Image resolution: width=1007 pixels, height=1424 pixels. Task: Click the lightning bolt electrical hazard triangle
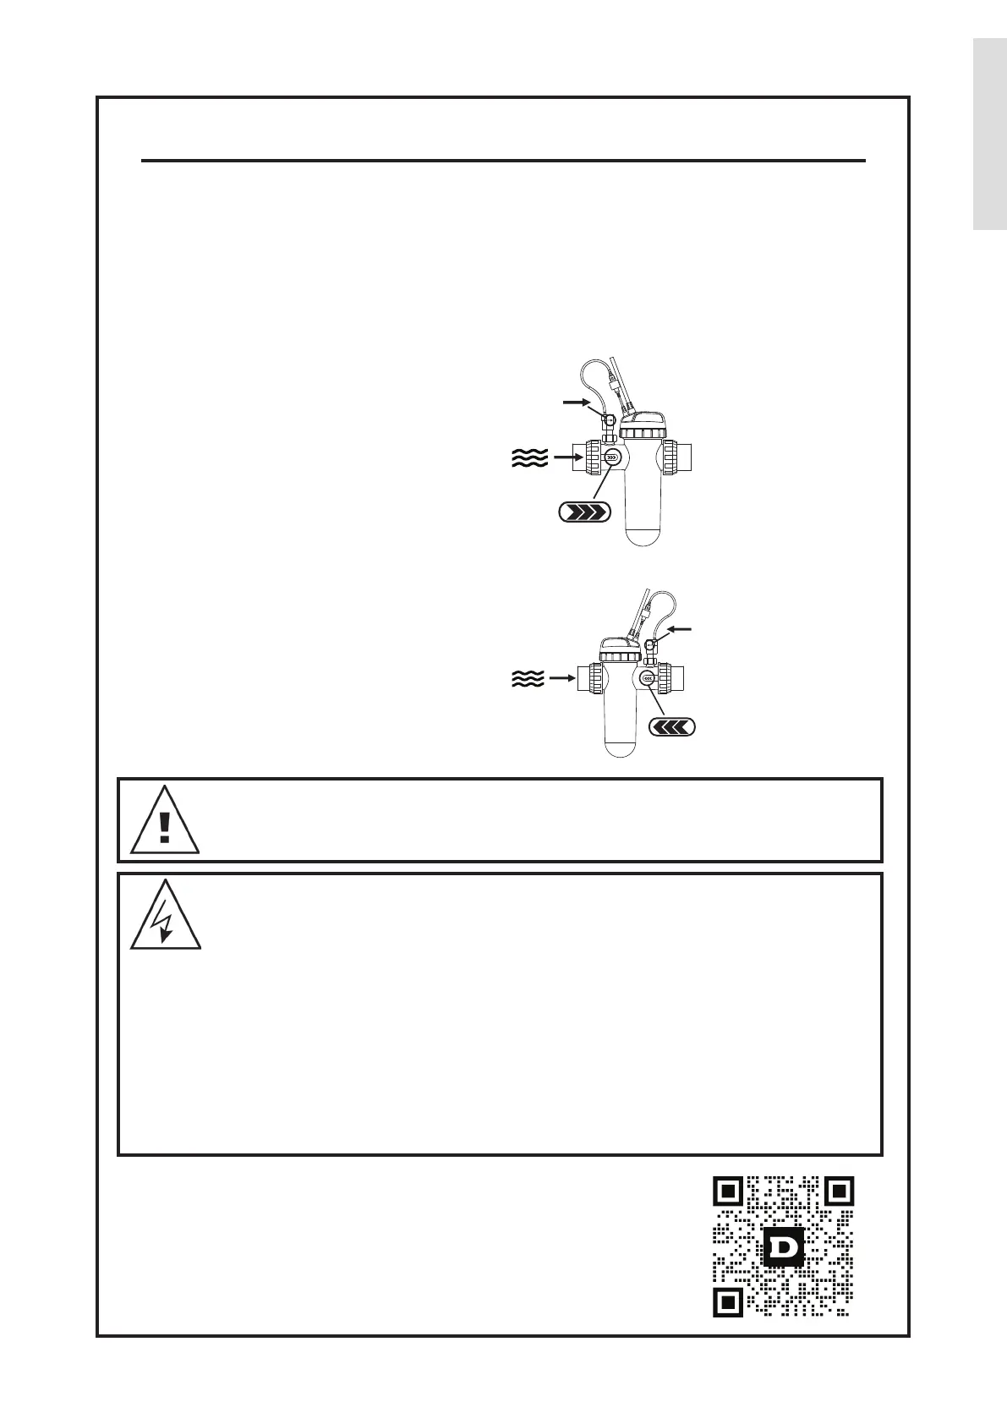[x=165, y=918]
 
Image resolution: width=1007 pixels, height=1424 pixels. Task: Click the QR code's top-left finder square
[x=729, y=1191]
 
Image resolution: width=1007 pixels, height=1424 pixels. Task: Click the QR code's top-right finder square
[x=838, y=1191]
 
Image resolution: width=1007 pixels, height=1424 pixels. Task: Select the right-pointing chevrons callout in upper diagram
[x=584, y=512]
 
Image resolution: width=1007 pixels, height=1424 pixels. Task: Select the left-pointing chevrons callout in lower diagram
[x=672, y=726]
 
